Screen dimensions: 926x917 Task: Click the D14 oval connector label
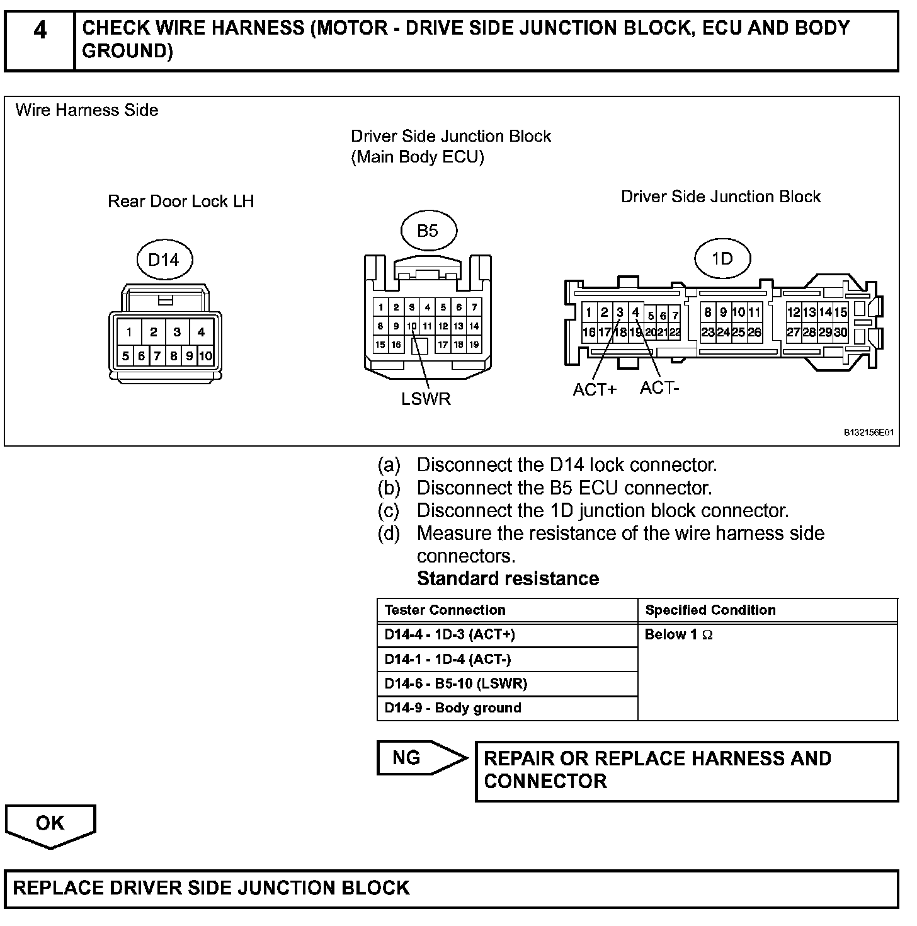(163, 260)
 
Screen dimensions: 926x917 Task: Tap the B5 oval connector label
(428, 231)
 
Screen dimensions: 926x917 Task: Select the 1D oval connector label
(722, 258)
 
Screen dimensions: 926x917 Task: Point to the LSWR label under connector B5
(426, 399)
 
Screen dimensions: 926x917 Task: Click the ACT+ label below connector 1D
(595, 390)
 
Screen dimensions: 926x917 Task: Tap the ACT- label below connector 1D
(659, 388)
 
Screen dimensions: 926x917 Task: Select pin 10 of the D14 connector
(205, 357)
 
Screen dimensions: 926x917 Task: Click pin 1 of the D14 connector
(129, 332)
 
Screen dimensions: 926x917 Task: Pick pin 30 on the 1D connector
(841, 333)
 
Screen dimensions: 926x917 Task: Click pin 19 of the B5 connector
(474, 345)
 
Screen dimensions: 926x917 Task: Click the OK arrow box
(50, 824)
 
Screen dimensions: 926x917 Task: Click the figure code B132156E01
(869, 433)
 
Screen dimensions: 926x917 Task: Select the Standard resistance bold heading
(508, 579)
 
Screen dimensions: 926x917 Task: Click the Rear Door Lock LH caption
(181, 202)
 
